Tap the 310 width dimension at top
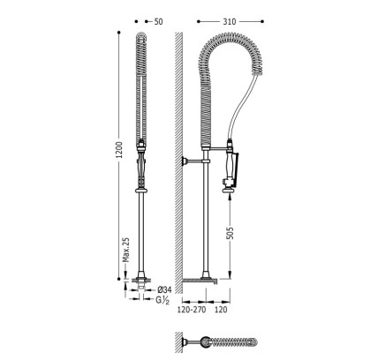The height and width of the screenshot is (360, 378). point(230,22)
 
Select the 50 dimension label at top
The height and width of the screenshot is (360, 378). point(158,22)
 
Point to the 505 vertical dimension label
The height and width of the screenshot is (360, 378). point(231,233)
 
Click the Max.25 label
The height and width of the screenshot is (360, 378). point(126,250)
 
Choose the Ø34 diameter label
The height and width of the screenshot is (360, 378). point(164,289)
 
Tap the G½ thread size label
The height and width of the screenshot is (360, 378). point(163,300)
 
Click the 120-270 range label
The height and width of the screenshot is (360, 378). point(192,310)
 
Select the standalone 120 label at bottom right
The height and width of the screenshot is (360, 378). point(221,310)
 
